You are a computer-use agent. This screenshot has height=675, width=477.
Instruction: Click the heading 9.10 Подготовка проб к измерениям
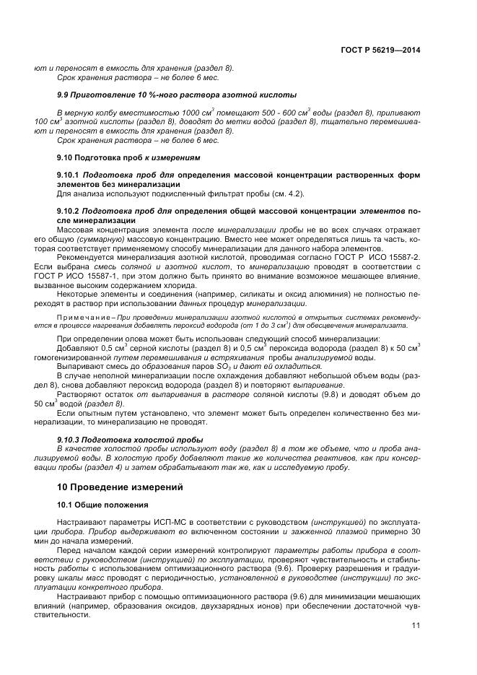(128, 157)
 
